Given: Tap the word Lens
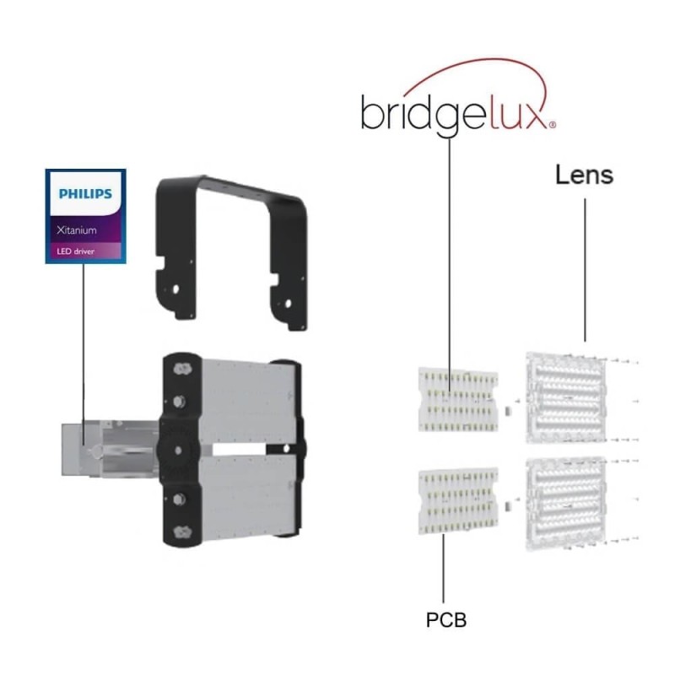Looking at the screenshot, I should pos(584,176).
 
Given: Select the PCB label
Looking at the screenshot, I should pos(445,621).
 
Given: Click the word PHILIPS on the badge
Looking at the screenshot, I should pos(85,194).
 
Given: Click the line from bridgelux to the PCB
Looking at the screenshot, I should pos(450,253).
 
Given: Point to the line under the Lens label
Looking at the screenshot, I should pos(585,270).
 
